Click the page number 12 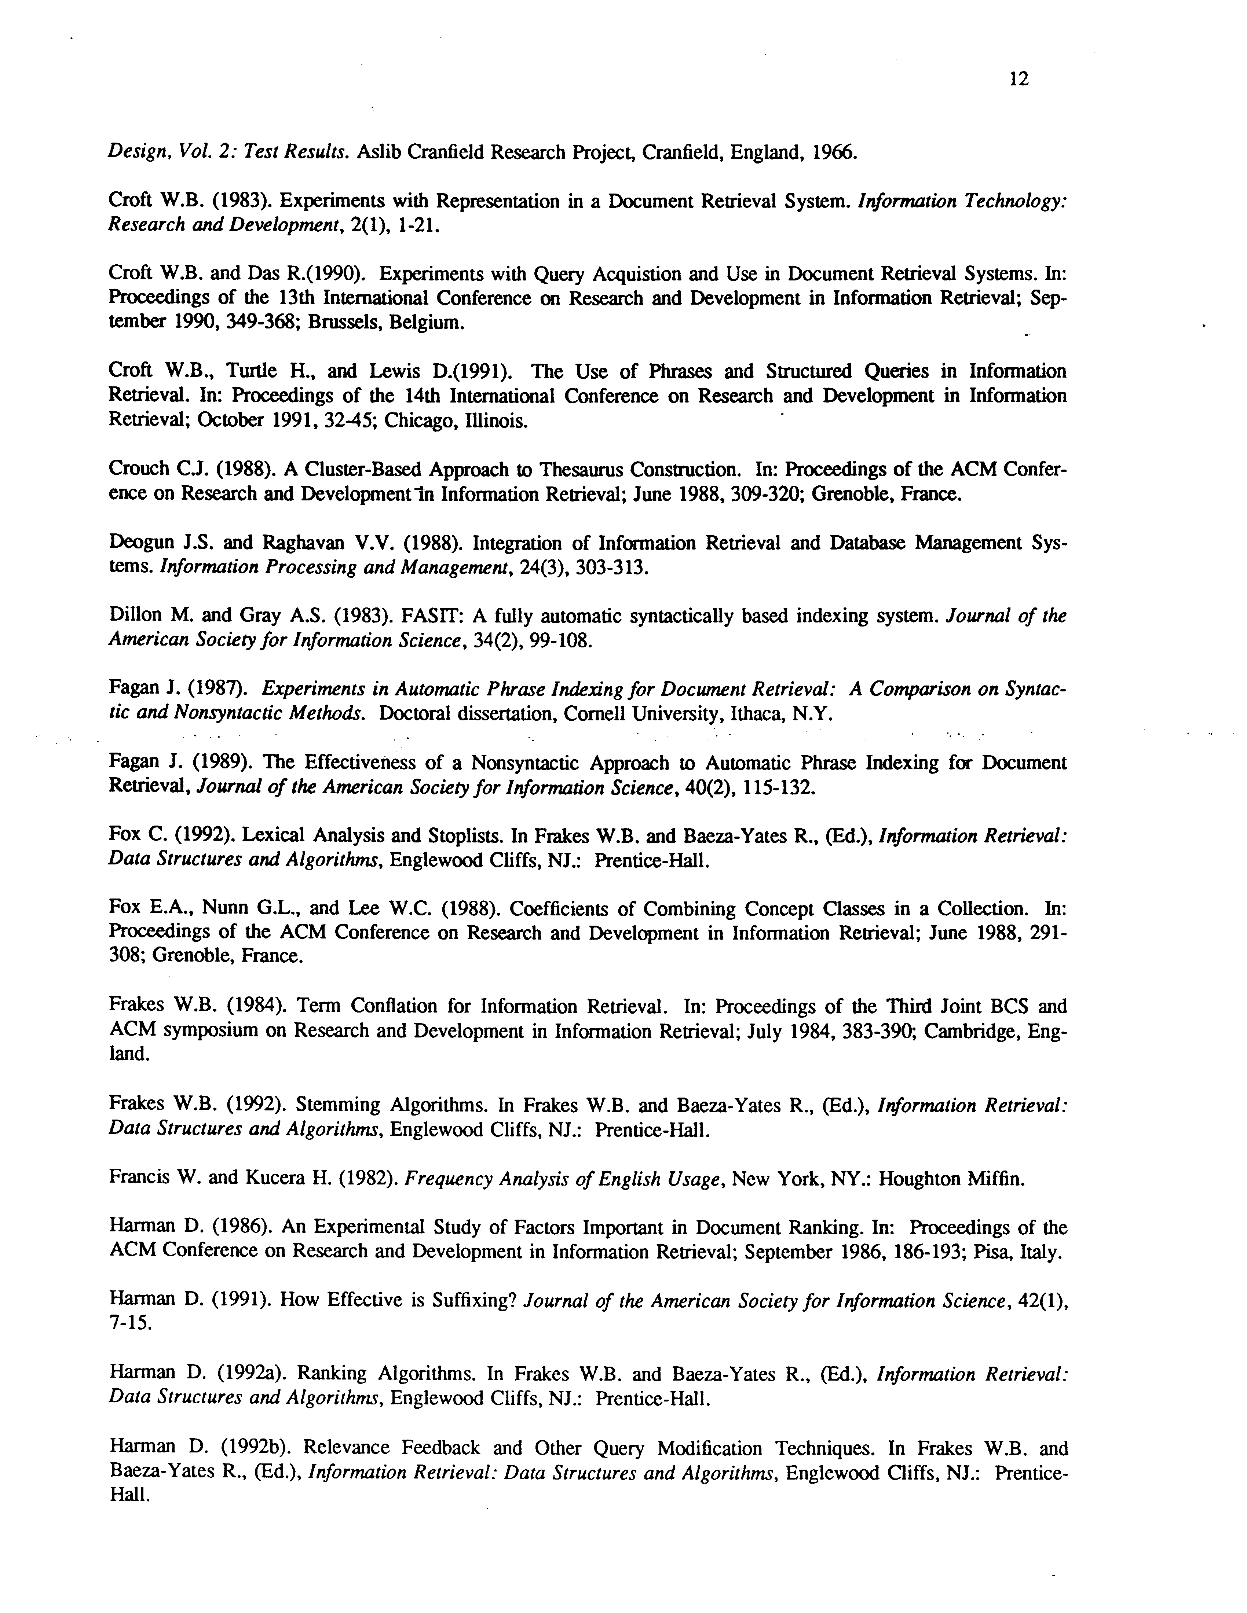point(1018,79)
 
